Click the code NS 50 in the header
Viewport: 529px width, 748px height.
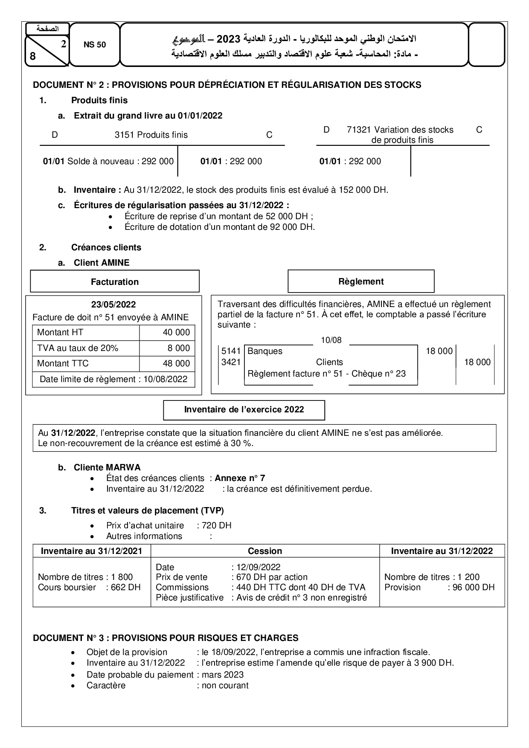(95, 45)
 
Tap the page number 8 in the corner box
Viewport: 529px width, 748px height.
(33, 56)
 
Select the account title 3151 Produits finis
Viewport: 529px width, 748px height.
(151, 135)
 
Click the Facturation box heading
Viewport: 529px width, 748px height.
(115, 282)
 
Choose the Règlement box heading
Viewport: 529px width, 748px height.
(361, 281)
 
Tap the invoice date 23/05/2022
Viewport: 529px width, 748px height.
(113, 304)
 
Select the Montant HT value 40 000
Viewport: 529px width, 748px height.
(176, 333)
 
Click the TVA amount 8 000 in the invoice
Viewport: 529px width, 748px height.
(179, 348)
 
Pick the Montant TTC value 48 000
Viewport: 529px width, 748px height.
(176, 364)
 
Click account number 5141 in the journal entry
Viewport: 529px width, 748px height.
(231, 351)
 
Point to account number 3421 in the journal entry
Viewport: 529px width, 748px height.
(231, 362)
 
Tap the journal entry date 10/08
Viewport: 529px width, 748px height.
(331, 340)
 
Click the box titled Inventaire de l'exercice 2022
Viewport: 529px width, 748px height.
(244, 410)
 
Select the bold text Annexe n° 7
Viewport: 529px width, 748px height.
(240, 478)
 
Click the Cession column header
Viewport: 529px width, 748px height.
(265, 551)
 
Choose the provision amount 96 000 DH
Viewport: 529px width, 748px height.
(471, 588)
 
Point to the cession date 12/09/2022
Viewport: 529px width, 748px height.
(256, 567)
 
